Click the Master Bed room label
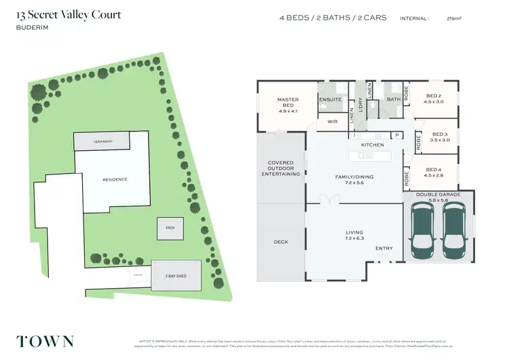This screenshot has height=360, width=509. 288,103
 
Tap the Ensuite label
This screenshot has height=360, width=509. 329,99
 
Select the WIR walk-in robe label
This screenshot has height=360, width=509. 333,122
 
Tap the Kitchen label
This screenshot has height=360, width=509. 373,145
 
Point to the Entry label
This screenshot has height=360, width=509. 384,248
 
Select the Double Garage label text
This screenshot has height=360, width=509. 438,194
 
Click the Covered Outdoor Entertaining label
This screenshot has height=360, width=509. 280,168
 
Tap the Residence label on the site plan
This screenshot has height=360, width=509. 115,179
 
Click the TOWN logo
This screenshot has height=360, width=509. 45,342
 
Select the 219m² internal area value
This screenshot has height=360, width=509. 468,19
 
